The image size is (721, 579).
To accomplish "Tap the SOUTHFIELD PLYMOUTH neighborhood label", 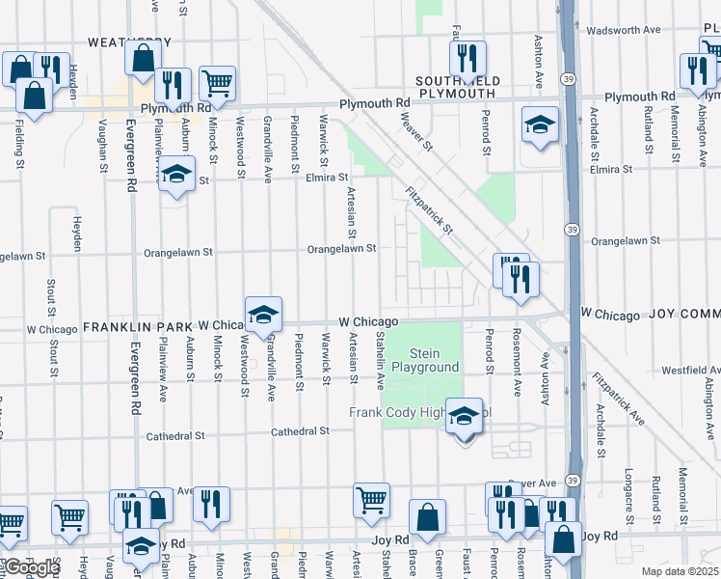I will [x=455, y=87].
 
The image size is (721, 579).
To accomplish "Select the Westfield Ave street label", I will [x=689, y=370].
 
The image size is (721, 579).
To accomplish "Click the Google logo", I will [x=32, y=567].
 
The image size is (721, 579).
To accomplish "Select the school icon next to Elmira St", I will [x=176, y=174].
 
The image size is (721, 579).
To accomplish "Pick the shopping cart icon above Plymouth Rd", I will [x=218, y=83].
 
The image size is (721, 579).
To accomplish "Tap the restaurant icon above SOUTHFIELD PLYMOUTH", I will [x=467, y=57].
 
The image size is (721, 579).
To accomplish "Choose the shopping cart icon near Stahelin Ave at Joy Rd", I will [x=371, y=500].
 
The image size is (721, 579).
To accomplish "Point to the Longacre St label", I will [x=628, y=489].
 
